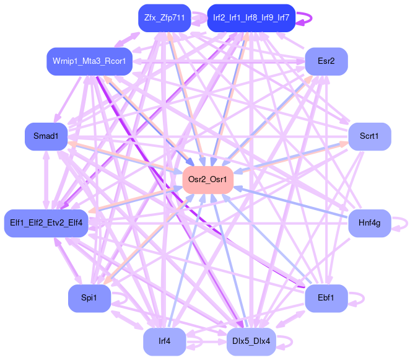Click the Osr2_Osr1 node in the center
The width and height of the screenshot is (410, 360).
[207, 179]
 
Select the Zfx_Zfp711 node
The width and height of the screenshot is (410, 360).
[164, 18]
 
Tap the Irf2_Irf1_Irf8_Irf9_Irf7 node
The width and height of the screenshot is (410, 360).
[251, 18]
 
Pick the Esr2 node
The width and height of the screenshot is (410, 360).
[326, 61]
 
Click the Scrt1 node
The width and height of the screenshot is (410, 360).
[370, 136]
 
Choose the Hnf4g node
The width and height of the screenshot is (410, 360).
[369, 222]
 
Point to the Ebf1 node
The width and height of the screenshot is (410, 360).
[326, 298]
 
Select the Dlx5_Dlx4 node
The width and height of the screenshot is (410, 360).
[251, 341]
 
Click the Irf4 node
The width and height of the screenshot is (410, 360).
[164, 341]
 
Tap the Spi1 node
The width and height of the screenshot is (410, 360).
[89, 298]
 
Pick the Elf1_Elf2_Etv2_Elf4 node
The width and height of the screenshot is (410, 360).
[47, 222]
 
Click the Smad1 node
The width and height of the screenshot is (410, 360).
[46, 136]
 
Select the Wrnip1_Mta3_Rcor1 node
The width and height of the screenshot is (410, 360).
[89, 61]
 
